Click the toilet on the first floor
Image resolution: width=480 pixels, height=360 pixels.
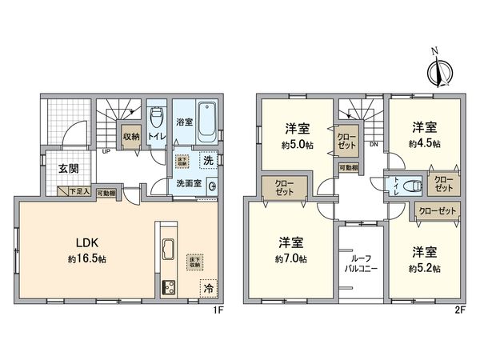(157, 122)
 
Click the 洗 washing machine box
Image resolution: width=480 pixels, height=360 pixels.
(206, 159)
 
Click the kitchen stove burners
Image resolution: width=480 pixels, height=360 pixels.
(170, 288)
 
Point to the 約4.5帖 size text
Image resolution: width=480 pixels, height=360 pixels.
(425, 144)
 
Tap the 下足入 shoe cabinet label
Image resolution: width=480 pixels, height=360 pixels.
(78, 192)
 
